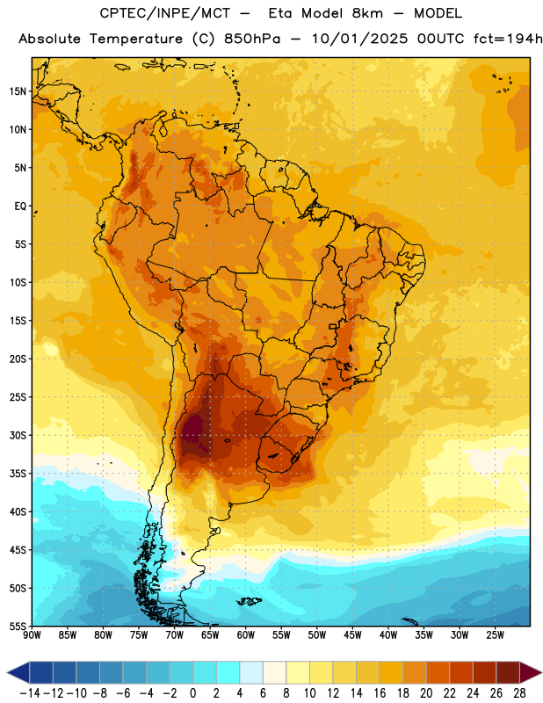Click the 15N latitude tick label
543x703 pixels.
pyautogui.click(x=18, y=91)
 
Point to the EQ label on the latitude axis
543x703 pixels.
pyautogui.click(x=20, y=207)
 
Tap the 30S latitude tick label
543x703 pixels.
pyautogui.click(x=18, y=435)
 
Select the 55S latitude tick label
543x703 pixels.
pyautogui.click(x=18, y=626)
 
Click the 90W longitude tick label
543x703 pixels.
pyautogui.click(x=32, y=635)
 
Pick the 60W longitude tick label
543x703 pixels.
pyautogui.click(x=246, y=635)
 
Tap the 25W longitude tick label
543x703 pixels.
pyautogui.click(x=495, y=635)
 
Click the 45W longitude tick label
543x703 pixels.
pyautogui.click(x=352, y=635)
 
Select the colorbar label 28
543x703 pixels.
pyautogui.click(x=519, y=693)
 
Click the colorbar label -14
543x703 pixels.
pyautogui.click(x=30, y=693)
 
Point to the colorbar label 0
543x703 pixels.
pyautogui.click(x=193, y=693)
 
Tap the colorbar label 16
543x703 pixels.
pyautogui.click(x=380, y=693)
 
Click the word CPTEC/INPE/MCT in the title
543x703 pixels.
pyautogui.click(x=165, y=13)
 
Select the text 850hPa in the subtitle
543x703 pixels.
pyautogui.click(x=252, y=39)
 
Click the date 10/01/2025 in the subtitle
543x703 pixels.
pyautogui.click(x=360, y=39)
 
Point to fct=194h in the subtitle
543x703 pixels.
pyautogui.click(x=508, y=39)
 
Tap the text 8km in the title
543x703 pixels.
pyautogui.click(x=367, y=13)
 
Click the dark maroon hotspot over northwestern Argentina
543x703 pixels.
pyautogui.click(x=195, y=431)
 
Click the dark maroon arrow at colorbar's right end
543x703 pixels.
pyautogui.click(x=531, y=673)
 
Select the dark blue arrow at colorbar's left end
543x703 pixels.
pyautogui.click(x=18, y=673)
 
